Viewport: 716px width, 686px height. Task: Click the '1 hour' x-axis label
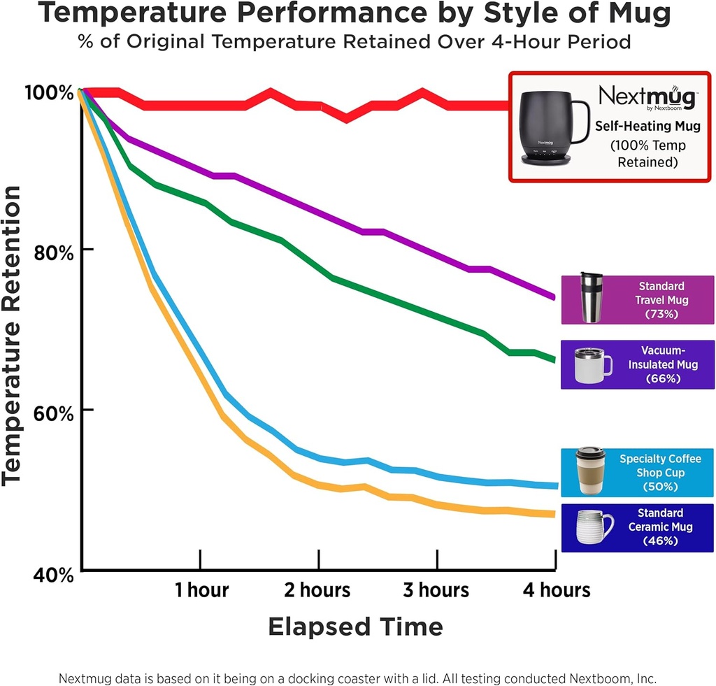(201, 590)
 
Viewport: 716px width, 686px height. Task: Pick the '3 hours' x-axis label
(437, 590)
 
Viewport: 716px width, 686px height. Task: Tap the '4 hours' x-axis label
(557, 590)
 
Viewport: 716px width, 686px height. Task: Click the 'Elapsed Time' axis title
(355, 626)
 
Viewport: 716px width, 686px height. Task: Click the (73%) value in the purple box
(661, 314)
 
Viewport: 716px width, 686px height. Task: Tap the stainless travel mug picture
(591, 298)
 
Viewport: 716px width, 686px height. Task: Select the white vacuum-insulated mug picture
(592, 364)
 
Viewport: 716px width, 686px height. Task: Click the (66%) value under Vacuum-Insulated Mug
(661, 379)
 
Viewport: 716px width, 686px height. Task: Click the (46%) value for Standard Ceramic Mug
(661, 541)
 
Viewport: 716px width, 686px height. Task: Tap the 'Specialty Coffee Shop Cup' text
(661, 466)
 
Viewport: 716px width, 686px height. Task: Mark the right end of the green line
(554, 359)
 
